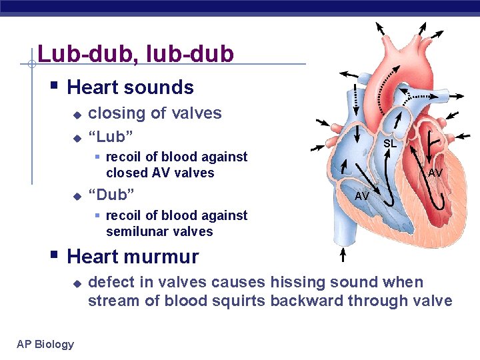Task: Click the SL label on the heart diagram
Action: (x=390, y=143)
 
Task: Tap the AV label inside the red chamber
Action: (x=435, y=173)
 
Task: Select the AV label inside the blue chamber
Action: (x=362, y=196)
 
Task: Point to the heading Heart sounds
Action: (x=131, y=87)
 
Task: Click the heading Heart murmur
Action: (x=133, y=256)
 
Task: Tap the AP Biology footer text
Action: (x=45, y=344)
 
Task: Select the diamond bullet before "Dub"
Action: (x=77, y=196)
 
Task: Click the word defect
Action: (x=110, y=282)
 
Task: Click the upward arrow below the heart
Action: (x=343, y=255)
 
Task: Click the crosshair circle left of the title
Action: (x=31, y=65)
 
